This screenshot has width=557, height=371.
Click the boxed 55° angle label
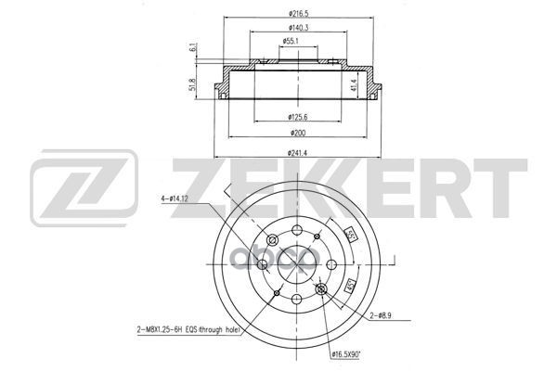[352, 234]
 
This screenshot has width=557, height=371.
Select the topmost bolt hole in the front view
[296, 232]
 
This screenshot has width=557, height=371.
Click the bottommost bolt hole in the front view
[296, 300]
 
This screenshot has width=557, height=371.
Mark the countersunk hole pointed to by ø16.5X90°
[321, 292]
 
